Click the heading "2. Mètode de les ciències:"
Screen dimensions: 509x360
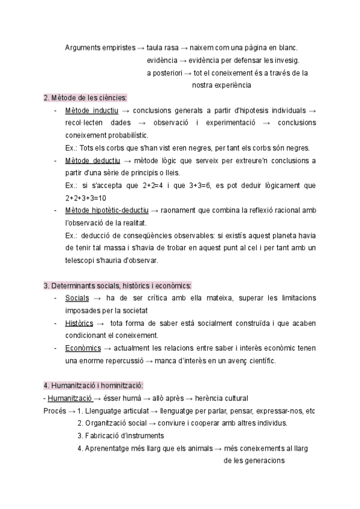tap(86, 98)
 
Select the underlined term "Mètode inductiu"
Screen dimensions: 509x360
tap(91, 111)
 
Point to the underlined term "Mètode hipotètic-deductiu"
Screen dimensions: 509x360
tap(108, 211)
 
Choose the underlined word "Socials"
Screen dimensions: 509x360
tap(77, 298)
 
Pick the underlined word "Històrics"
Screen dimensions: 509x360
tap(79, 323)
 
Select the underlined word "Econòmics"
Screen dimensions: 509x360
tap(83, 348)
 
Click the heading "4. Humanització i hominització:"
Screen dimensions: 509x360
tap(93, 385)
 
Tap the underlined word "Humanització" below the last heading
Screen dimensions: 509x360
tap(70, 399)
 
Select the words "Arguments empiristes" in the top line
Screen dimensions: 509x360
tap(100, 48)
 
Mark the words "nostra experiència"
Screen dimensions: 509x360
tap(221, 85)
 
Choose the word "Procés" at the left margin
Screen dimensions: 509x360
tap(55, 411)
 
